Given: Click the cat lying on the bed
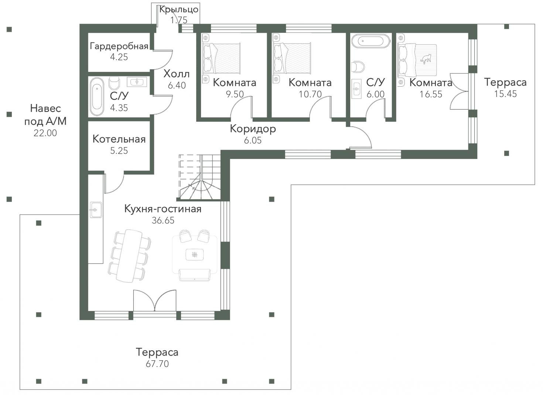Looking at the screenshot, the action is (x=426, y=59).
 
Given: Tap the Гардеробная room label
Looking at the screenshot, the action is (x=119, y=46).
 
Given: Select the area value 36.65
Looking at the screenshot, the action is (x=163, y=220).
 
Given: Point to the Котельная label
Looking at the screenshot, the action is (x=119, y=139).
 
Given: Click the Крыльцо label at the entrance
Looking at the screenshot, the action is (x=179, y=10).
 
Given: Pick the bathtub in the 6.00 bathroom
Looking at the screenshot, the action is (x=371, y=41).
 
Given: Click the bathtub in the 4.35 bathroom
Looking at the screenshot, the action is (x=97, y=96).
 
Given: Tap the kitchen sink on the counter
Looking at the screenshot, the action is (x=96, y=210).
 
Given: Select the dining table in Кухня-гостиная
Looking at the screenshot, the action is (x=129, y=256).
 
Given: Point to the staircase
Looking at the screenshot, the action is (x=199, y=177).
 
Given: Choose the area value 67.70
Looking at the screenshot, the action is (x=157, y=364).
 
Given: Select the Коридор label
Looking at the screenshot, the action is (x=253, y=129).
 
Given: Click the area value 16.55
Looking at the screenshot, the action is (x=431, y=94).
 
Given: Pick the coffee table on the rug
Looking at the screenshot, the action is (x=194, y=254).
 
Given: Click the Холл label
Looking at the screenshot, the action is (x=177, y=74).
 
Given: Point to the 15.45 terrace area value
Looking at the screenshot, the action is (x=505, y=94).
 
